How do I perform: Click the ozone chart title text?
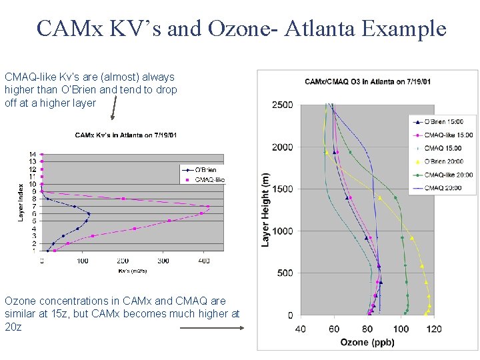point(367,82)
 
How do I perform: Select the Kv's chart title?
point(125,135)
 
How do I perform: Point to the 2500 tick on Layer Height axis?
point(282,105)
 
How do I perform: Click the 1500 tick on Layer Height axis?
point(282,189)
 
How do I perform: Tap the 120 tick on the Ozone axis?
point(434,329)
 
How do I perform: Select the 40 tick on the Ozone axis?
point(300,329)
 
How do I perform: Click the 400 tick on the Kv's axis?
point(204,261)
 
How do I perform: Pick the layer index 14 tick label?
point(32,155)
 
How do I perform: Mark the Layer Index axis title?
point(21,203)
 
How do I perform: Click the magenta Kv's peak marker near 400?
point(208,207)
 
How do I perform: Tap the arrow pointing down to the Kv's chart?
point(113,106)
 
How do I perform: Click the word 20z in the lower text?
point(13,327)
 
